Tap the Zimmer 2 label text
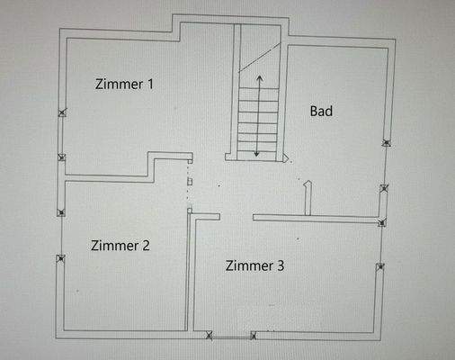120,245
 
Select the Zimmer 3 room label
255,265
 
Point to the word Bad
321,112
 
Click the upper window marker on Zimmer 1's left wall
61,112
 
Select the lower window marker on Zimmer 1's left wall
61,157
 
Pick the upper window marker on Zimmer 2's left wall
61,213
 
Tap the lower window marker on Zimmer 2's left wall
61,259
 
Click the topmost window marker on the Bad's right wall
386,142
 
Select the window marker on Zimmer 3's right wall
380,266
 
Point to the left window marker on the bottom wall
210,337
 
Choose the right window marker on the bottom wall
254,337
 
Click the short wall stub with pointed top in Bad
308,198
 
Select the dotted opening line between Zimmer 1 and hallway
188,184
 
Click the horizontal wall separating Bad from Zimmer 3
315,218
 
